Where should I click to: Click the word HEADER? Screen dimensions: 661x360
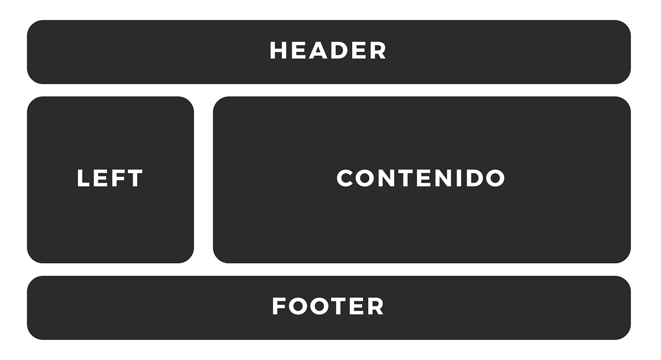click(328, 50)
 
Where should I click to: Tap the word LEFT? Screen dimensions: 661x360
click(110, 178)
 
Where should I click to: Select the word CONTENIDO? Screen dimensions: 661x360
click(421, 178)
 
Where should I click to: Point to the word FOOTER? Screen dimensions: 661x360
click(328, 306)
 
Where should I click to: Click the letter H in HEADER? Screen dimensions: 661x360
click(279, 50)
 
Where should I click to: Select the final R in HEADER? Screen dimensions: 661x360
click(378, 50)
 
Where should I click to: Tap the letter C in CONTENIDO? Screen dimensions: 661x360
click(345, 178)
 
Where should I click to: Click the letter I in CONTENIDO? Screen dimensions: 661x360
click(458, 178)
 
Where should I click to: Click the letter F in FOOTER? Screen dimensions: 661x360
click(279, 306)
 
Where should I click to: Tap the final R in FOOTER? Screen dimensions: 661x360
click(376, 306)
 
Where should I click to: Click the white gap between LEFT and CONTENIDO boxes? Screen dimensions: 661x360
click(203, 180)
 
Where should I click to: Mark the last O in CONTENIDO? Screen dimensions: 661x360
click(495, 178)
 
